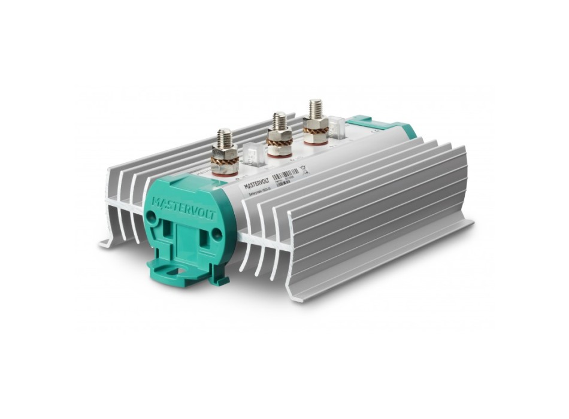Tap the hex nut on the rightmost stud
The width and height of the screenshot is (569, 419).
click(315, 122)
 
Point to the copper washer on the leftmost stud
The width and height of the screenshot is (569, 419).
click(225, 160)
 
